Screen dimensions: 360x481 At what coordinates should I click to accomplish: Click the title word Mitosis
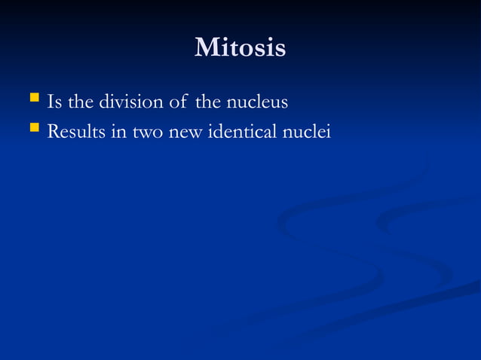(240, 47)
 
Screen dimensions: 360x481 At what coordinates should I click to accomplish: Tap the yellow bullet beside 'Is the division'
(33, 98)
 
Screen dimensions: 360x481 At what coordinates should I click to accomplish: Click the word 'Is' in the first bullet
(54, 101)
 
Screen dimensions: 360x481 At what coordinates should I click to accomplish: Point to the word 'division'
(129, 101)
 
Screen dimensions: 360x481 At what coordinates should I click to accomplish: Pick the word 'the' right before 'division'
(81, 101)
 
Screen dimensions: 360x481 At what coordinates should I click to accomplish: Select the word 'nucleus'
(258, 101)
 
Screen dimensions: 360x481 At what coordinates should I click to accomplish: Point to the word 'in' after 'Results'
(118, 132)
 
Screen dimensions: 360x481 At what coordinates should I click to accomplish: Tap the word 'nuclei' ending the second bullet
(309, 132)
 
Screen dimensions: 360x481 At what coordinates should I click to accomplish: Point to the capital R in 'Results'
(53, 132)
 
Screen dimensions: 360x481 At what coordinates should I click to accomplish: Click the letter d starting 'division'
(105, 101)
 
